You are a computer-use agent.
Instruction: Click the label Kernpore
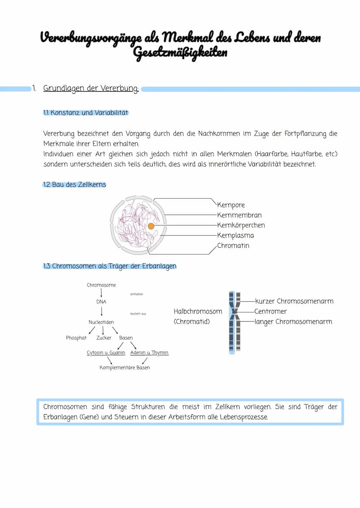(x=230, y=205)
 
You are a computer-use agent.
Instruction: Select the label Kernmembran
(x=239, y=215)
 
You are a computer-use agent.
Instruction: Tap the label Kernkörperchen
(x=241, y=225)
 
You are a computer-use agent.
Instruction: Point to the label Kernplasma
(x=235, y=236)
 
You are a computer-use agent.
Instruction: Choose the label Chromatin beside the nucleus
(x=233, y=246)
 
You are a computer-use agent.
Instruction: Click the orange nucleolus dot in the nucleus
(x=151, y=226)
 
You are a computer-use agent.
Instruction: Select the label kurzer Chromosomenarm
(x=294, y=301)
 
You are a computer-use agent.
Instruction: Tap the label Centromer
(x=270, y=311)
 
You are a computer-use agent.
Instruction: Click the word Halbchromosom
(x=198, y=311)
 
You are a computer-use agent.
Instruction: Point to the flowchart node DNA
(x=101, y=302)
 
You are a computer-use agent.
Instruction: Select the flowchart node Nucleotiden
(x=101, y=322)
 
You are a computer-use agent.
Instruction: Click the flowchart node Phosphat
(x=76, y=338)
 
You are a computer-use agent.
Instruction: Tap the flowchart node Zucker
(x=104, y=338)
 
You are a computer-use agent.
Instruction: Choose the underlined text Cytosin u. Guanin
(x=106, y=353)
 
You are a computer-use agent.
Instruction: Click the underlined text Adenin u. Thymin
(x=149, y=353)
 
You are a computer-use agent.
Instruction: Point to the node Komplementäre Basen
(x=124, y=368)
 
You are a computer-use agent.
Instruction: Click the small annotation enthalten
(x=137, y=294)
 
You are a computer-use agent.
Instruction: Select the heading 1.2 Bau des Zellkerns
(x=74, y=185)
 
